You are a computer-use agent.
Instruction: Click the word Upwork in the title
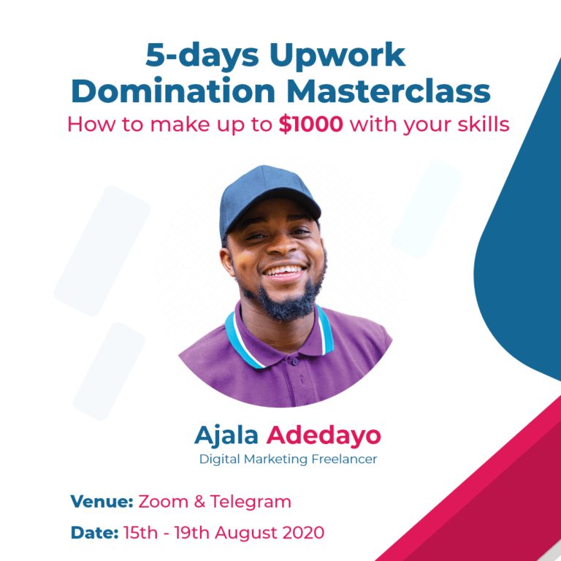337,56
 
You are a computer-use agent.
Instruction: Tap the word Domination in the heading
173,91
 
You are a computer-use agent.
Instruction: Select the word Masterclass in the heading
389,91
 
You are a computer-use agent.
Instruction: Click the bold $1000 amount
311,124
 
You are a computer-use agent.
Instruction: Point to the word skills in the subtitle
484,124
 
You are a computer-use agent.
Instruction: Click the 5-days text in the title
202,56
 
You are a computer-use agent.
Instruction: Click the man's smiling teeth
284,270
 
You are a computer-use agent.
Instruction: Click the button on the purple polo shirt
295,362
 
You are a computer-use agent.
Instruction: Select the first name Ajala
226,436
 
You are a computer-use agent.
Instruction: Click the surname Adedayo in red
324,436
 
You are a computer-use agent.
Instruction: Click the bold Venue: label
102,501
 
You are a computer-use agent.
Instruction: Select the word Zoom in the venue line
163,502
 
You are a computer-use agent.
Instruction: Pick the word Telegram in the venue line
251,503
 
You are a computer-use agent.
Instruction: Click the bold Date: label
94,533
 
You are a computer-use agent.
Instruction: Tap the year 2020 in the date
303,533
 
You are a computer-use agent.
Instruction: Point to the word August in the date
246,533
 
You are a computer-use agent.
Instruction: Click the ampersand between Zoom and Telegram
199,502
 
